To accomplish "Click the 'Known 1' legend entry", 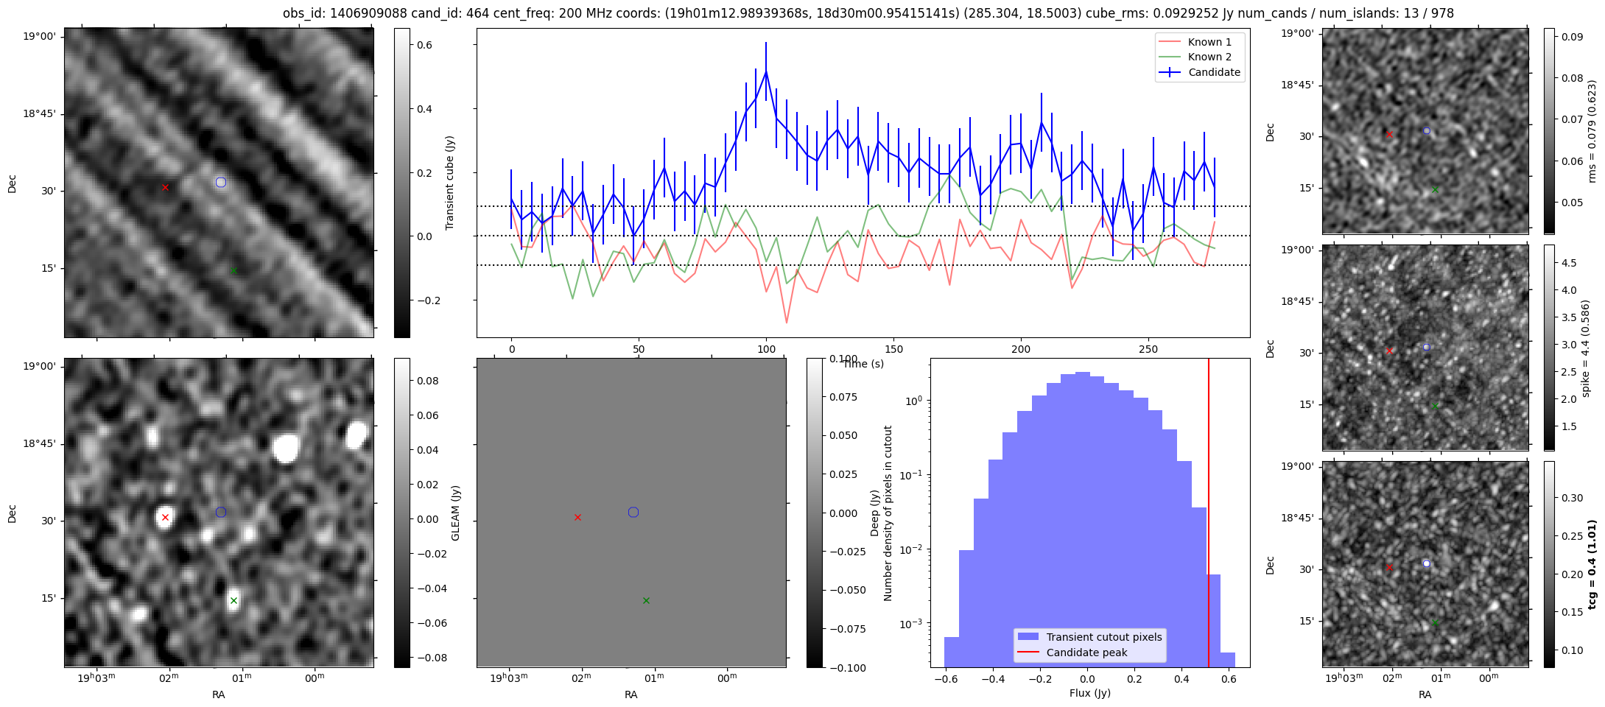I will point(1209,42).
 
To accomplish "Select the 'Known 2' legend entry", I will point(1209,57).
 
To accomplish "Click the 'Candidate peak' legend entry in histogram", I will point(1086,653).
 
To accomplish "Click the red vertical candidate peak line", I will point(1209,516).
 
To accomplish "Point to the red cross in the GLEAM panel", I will point(165,517).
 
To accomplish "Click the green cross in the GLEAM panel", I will point(233,600).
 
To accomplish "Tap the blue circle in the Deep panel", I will point(633,512).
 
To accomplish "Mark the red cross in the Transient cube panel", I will point(165,187).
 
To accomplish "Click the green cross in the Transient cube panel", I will point(233,270).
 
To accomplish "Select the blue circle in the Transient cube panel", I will point(221,182).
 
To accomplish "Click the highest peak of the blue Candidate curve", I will point(766,71).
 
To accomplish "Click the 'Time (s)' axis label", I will point(863,364).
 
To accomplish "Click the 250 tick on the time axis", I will point(1148,349).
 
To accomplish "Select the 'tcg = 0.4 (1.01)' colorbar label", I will point(1592,564).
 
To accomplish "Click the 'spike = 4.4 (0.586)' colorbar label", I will point(1586,348).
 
